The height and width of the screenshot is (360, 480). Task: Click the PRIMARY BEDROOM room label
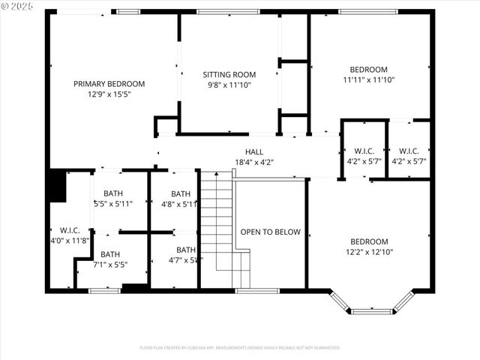coord(109,84)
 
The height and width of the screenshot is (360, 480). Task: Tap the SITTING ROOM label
coord(229,75)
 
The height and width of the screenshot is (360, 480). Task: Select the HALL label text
coord(254,151)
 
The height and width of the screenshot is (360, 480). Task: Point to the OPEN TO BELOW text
coord(270,232)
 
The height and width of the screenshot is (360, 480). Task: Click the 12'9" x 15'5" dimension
coord(109,94)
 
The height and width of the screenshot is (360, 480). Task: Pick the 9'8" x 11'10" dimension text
coord(229,85)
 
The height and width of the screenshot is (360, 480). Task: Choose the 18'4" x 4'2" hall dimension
coord(254,162)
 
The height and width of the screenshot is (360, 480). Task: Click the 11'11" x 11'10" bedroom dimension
coord(369,79)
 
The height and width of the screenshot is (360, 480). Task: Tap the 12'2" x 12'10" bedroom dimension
coord(369,251)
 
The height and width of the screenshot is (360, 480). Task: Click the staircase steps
coord(217,225)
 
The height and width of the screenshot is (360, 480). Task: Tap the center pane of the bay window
coord(372,310)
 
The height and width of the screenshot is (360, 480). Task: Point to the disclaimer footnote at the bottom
coord(240,348)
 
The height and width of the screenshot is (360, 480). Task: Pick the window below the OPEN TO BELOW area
coord(247,290)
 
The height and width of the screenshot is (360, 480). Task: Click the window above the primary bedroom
coord(128,11)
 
